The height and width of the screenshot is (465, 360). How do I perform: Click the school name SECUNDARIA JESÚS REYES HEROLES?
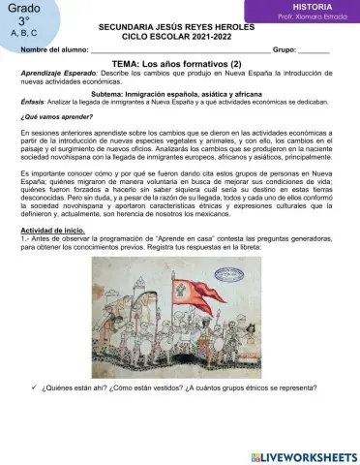[x=178, y=29]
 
